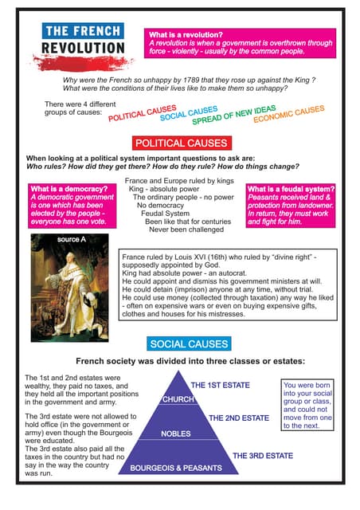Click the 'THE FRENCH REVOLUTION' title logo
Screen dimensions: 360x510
[x=84, y=40]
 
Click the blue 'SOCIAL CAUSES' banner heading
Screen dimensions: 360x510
[x=188, y=344]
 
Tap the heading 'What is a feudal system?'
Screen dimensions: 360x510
[x=291, y=189]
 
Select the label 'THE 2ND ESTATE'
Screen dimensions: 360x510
[x=238, y=418]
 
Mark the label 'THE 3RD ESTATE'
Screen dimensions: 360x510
[x=262, y=456]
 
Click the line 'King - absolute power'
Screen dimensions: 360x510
[x=165, y=190]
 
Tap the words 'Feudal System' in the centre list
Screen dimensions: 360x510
[x=165, y=214]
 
